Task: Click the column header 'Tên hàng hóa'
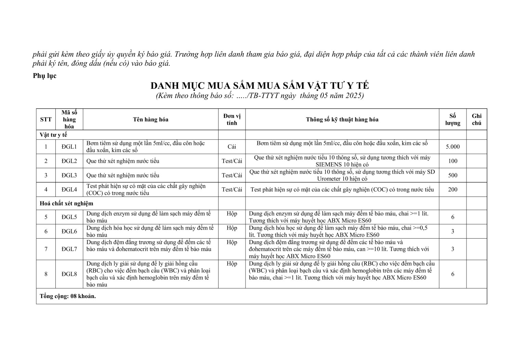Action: (150, 119)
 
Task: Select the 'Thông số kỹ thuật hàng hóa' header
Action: (342, 119)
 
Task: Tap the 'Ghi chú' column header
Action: (476, 120)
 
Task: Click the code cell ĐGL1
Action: (69, 147)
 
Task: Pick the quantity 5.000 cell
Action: (452, 147)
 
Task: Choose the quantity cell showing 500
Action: (452, 175)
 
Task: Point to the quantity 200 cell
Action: (452, 189)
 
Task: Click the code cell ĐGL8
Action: (69, 274)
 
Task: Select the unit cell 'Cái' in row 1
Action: (232, 147)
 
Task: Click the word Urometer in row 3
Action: (330, 179)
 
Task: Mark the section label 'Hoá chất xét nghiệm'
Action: (66, 203)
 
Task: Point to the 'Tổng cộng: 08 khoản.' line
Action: (68, 296)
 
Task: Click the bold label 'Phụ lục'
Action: (44, 76)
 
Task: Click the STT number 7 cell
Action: (46, 249)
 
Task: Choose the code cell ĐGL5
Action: (69, 217)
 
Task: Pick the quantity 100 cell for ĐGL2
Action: (452, 161)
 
